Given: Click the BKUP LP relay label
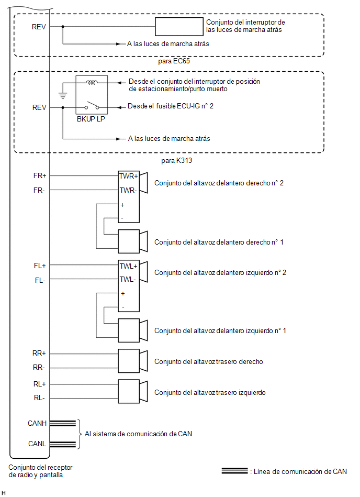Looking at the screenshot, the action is [91, 119].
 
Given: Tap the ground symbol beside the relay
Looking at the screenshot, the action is [63, 95].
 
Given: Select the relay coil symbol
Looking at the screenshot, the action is [92, 83].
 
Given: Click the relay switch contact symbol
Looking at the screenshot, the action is [92, 105].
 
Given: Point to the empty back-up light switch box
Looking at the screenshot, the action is [179, 27].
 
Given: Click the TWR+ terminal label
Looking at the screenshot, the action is [129, 176].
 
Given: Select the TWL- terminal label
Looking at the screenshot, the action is [128, 279].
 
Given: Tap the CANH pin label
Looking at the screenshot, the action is [37, 423].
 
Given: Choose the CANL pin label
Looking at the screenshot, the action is [37, 444].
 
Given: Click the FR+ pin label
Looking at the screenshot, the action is [40, 175].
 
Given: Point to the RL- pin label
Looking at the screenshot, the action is [39, 398].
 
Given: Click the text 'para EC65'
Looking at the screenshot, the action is [174, 61].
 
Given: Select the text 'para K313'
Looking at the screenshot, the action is [176, 160].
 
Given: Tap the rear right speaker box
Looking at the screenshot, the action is [129, 361].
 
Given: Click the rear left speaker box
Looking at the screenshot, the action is [129, 391].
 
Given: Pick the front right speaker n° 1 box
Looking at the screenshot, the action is [129, 241].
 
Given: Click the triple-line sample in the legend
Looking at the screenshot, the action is [234, 471].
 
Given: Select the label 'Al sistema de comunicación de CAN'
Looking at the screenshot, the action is [138, 434].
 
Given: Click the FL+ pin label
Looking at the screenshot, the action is [40, 266].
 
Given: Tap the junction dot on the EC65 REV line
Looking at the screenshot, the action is [63, 27].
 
